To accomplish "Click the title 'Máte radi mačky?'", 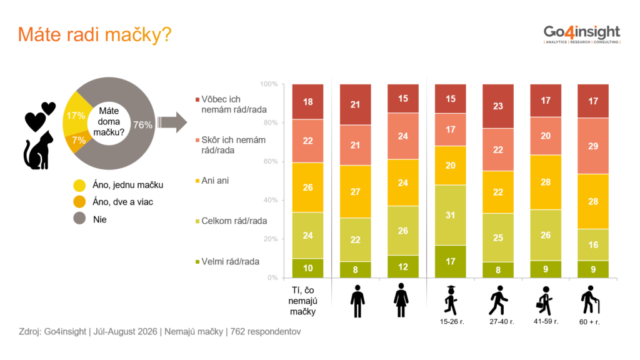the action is (95, 35).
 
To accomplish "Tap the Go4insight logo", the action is (582, 34).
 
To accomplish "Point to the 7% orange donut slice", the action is (77, 142).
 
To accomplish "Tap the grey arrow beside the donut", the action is (172, 122).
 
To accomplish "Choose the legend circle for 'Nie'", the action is (79, 218).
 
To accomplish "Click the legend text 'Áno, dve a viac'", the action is (123, 202).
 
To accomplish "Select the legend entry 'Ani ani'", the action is (212, 181).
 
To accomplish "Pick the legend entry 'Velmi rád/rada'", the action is (227, 262).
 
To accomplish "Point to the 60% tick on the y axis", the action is (271, 161).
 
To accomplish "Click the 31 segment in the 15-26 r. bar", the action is (450, 215).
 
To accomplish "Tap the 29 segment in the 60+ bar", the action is (593, 146).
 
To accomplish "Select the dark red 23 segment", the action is (498, 106).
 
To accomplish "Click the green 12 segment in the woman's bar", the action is (403, 266).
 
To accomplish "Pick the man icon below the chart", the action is (357, 301).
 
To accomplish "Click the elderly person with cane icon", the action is (590, 300).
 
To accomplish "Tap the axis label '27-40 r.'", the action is (502, 322).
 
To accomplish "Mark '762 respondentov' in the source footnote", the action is (266, 332).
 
